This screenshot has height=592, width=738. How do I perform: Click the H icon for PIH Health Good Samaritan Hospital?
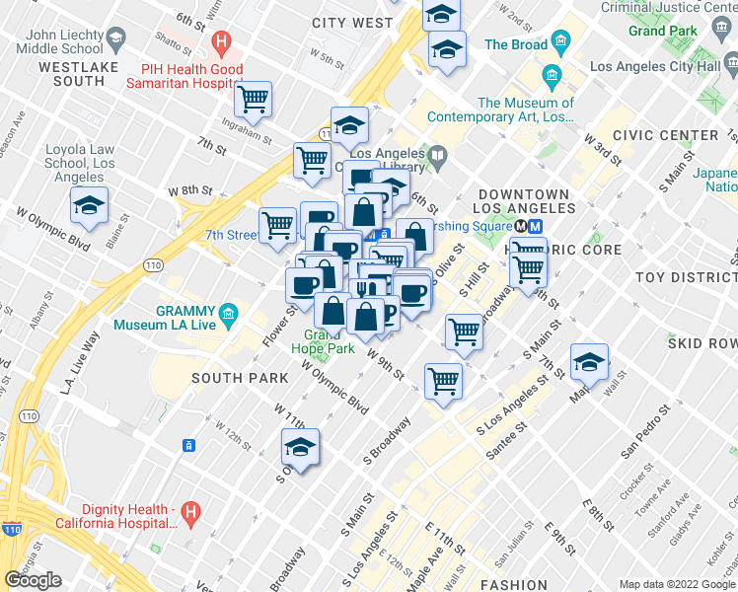pyautogui.click(x=222, y=43)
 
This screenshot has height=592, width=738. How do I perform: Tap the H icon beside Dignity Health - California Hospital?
pyautogui.click(x=192, y=512)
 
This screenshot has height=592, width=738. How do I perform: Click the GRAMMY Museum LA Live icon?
pyautogui.click(x=229, y=315)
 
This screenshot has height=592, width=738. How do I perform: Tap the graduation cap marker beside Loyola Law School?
pyautogui.click(x=89, y=205)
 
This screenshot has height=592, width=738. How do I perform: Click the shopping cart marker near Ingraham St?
pyautogui.click(x=254, y=99)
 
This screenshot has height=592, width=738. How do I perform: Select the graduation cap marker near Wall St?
pyautogui.click(x=589, y=363)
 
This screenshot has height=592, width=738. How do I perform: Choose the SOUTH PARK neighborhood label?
pyautogui.click(x=240, y=378)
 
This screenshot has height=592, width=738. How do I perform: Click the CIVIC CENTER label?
pyautogui.click(x=665, y=135)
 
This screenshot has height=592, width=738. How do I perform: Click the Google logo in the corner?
pyautogui.click(x=33, y=579)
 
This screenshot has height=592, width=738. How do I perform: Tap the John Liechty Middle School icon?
pyautogui.click(x=115, y=39)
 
